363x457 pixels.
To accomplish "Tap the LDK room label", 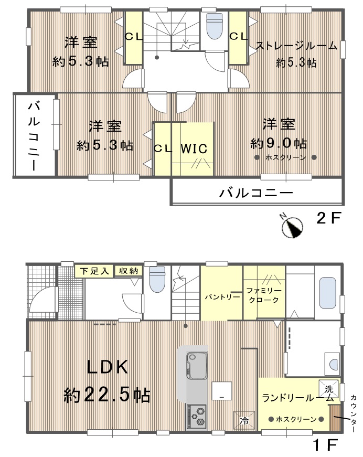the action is tap(108, 367).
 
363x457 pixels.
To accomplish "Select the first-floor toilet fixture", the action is tap(157, 279).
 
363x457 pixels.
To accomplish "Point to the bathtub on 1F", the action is tap(328, 293).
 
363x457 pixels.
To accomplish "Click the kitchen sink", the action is tap(197, 366).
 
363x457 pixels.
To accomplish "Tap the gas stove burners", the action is tap(197, 417).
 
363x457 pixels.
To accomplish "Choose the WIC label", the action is tap(194, 148).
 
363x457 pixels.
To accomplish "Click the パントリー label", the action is tap(222, 297).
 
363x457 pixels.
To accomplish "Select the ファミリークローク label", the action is tap(264, 295).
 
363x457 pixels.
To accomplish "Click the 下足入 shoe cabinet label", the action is tap(94, 271).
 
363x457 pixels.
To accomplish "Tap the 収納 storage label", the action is tap(129, 271).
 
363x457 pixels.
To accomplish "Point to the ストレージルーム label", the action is tap(296, 46).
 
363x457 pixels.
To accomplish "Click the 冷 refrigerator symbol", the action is tap(244, 420).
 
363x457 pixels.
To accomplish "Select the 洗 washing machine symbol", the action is tap(329, 388).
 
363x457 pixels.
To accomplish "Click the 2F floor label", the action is tap(328, 218).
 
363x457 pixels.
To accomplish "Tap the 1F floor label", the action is tap(325, 445).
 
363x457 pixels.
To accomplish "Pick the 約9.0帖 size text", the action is tap(279, 143).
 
